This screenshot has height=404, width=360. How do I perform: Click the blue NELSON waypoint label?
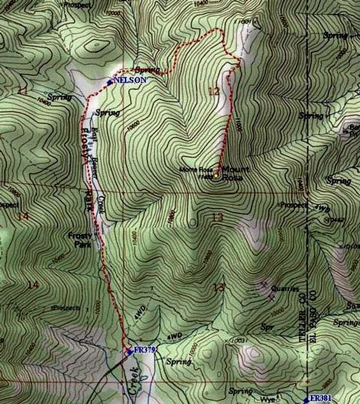tap(130, 80)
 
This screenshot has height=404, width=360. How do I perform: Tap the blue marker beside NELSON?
tap(110, 81)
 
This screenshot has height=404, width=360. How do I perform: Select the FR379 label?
tap(144, 349)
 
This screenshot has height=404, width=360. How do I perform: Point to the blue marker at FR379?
tap(128, 351)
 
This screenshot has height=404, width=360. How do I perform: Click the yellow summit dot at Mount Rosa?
tap(215, 176)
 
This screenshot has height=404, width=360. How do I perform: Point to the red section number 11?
tap(21, 90)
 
